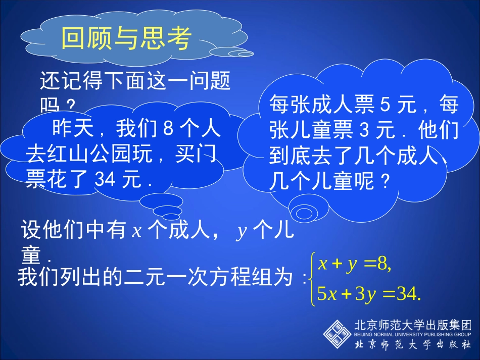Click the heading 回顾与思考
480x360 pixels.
click(x=126, y=38)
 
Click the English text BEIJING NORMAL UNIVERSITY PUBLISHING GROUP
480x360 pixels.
click(x=413, y=334)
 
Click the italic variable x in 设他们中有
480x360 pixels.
click(x=136, y=231)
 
